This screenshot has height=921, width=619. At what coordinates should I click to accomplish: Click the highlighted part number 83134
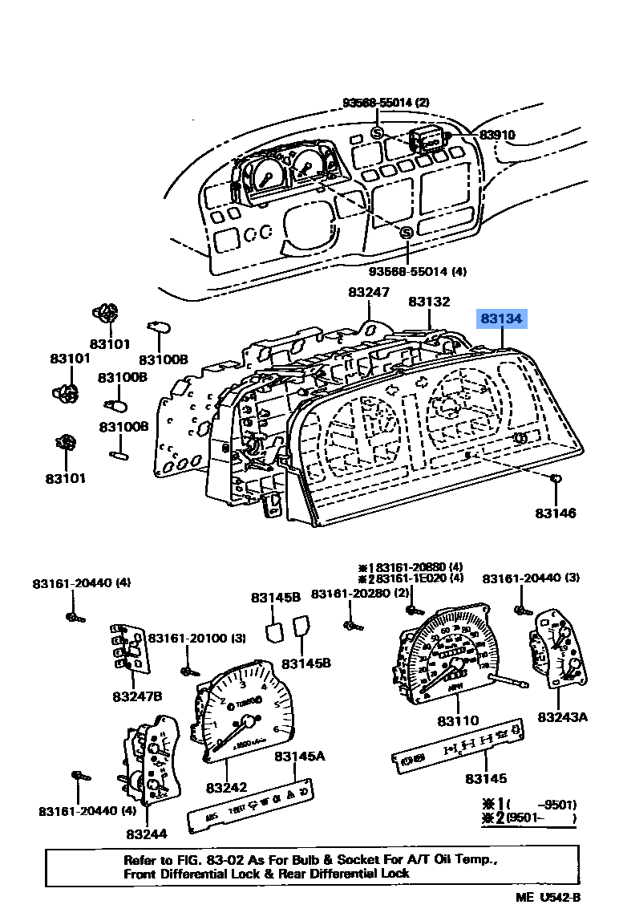point(501,319)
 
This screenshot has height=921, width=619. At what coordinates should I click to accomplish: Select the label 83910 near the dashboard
point(497,136)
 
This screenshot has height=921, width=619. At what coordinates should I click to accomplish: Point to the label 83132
point(429,302)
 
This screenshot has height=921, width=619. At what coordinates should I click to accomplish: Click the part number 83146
point(556,513)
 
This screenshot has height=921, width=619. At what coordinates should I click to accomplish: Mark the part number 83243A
point(562,716)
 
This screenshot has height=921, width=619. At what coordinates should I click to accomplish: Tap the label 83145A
point(299,756)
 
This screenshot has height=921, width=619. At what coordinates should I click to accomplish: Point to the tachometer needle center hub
point(249,721)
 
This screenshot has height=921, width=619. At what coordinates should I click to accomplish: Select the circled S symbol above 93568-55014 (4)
point(406,233)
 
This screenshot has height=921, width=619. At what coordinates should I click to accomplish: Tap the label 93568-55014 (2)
point(386,103)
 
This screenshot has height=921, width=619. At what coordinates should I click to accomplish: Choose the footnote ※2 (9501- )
point(528,819)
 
